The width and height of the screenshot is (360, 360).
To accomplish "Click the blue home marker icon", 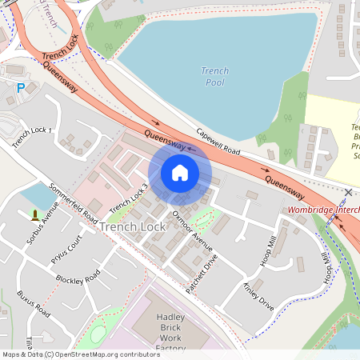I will pos(180,173).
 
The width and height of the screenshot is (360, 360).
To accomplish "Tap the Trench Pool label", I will pos(214,77).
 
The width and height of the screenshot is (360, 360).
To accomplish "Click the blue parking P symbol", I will pos(21,88).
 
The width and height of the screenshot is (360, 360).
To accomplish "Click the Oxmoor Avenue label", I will pos(191,230).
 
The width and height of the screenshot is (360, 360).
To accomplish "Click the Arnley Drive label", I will pos(258,294).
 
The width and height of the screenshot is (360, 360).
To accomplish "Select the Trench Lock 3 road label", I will pos(129,199).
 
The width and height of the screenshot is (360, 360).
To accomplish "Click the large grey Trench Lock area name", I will pos(133,227).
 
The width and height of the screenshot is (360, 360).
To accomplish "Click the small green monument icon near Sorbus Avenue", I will pos(34,214).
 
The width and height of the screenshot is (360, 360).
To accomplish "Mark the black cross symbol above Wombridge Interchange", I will pos(348,193).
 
